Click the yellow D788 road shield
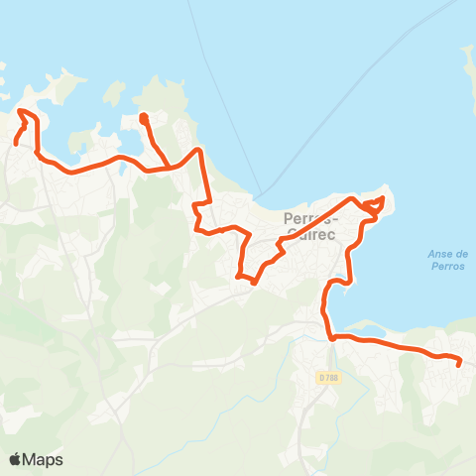click(x=328, y=378)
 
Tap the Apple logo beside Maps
click(x=17, y=459)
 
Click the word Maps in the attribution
click(x=44, y=459)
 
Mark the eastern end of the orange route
click(x=459, y=365)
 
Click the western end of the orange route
click(x=16, y=143)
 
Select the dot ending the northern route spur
click(x=143, y=117)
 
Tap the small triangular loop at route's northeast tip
click(x=373, y=205)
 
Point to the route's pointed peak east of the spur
click(x=200, y=151)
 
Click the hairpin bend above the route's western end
click(x=22, y=113)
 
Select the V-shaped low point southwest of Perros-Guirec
click(x=253, y=283)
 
